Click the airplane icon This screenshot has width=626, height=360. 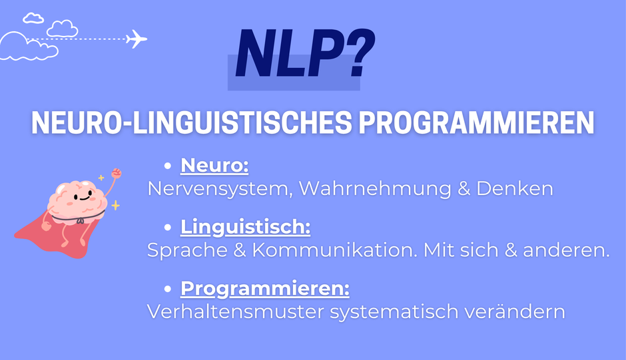[137, 39]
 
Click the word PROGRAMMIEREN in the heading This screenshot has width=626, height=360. [476, 122]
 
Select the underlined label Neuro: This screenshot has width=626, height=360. [214, 165]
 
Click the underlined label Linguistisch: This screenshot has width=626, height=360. [246, 227]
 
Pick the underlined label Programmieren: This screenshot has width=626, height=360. [264, 289]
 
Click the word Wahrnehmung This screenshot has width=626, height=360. [375, 188]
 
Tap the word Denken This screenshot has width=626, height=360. [515, 188]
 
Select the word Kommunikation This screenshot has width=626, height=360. [334, 250]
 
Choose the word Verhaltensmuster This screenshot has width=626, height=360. [236, 311]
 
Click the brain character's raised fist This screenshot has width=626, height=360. [116, 173]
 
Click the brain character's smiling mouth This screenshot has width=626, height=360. [85, 197]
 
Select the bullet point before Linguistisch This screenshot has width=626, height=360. [168, 227]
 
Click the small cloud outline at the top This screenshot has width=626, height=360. [33, 18]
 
